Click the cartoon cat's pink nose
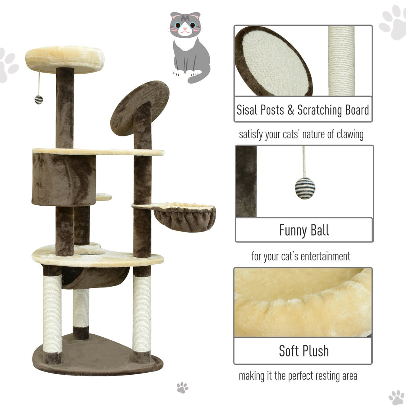(x=185, y=28)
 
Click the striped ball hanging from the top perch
(x=38, y=100)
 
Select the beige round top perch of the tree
(x=65, y=59)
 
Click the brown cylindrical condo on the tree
(x=64, y=180)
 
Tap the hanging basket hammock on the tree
(x=184, y=217)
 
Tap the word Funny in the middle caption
(x=293, y=230)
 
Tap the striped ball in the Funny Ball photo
(x=305, y=188)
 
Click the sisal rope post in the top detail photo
(x=341, y=61)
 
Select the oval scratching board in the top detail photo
(x=273, y=61)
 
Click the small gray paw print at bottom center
(x=182, y=388)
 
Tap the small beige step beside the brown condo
(x=104, y=197)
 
